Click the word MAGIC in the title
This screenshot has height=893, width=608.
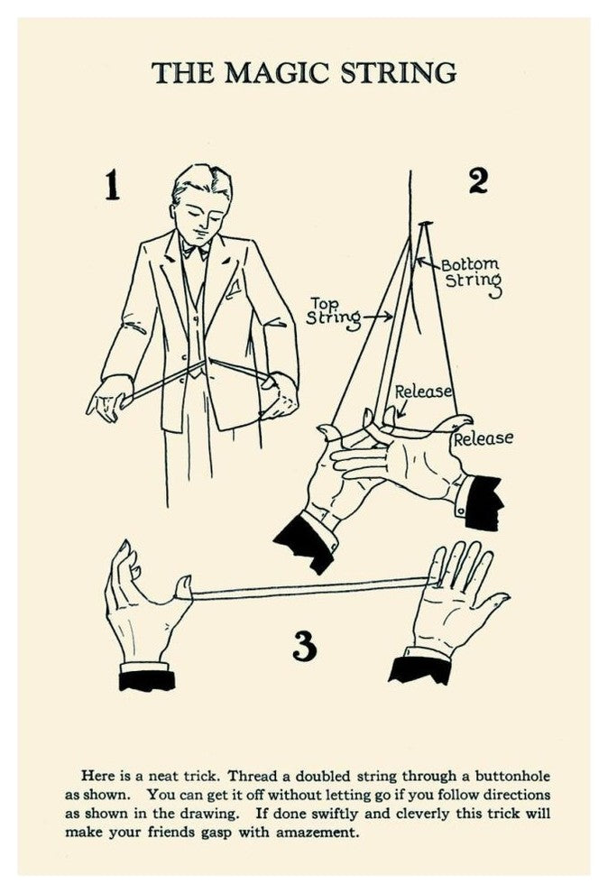[x=275, y=73]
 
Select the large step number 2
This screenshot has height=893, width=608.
[x=478, y=180]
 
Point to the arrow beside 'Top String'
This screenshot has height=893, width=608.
[x=377, y=316]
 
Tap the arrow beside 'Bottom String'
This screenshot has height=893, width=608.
[x=428, y=263]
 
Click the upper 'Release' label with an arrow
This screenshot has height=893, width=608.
[x=423, y=391]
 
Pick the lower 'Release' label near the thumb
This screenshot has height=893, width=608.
[x=483, y=438]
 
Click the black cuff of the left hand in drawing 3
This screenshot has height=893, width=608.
[x=147, y=680]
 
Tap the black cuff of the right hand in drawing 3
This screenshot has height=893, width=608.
[x=420, y=668]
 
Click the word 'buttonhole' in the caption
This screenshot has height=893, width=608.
[x=512, y=777]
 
